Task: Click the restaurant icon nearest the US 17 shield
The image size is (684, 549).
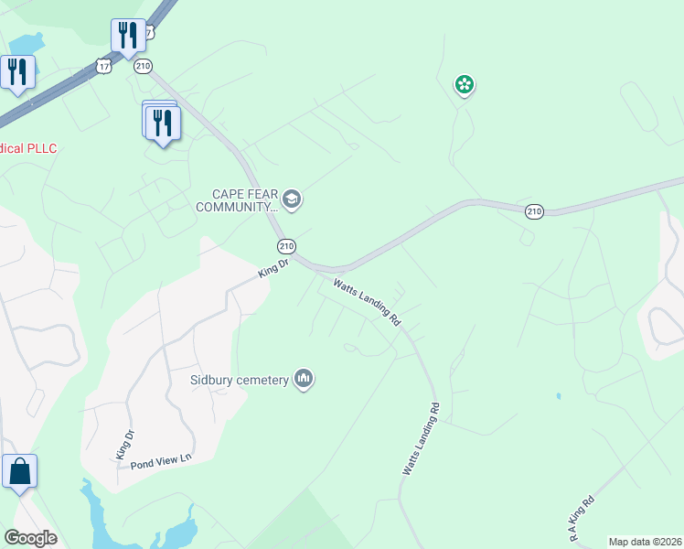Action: pos(127,35)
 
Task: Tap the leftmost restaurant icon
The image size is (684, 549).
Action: pos(17,71)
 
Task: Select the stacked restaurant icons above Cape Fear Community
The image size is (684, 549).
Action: pos(162,122)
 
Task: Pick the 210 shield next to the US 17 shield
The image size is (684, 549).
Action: pos(143,66)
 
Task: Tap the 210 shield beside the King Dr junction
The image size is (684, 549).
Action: pos(286,246)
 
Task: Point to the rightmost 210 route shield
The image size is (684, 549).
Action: pos(535,212)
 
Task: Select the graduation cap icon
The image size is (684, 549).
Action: pos(293,199)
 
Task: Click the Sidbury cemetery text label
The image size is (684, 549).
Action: pos(239,379)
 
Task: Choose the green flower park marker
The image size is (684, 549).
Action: pos(465,86)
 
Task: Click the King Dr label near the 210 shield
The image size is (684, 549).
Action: pos(273,268)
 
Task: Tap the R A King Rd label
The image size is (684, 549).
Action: pos(582,519)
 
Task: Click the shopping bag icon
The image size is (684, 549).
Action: pos(19,472)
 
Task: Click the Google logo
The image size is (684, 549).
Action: pos(30,538)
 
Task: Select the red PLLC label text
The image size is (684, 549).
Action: pos(27,148)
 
